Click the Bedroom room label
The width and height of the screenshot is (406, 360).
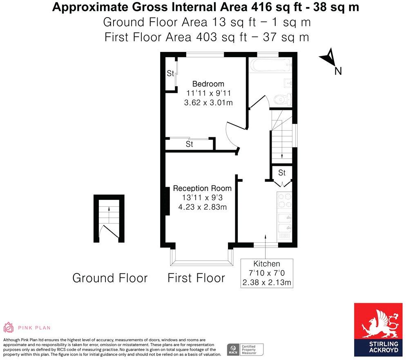(x=208, y=84)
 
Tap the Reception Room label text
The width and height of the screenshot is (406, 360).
(x=202, y=188)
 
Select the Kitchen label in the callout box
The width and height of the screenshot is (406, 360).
(x=267, y=264)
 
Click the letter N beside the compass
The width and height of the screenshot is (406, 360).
(x=338, y=71)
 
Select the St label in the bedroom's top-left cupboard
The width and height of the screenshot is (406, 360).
(x=170, y=74)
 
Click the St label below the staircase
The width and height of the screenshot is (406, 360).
(x=282, y=173)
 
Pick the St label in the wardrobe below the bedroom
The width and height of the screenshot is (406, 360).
(x=190, y=144)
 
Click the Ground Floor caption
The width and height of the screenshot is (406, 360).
(x=110, y=278)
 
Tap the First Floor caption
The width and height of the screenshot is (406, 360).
(x=196, y=278)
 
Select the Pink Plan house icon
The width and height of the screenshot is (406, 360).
(x=9, y=327)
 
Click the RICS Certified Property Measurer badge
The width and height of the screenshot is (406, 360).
(x=245, y=349)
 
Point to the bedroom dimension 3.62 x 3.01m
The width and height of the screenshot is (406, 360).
(x=208, y=103)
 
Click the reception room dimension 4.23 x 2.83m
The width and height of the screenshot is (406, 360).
(x=202, y=207)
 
